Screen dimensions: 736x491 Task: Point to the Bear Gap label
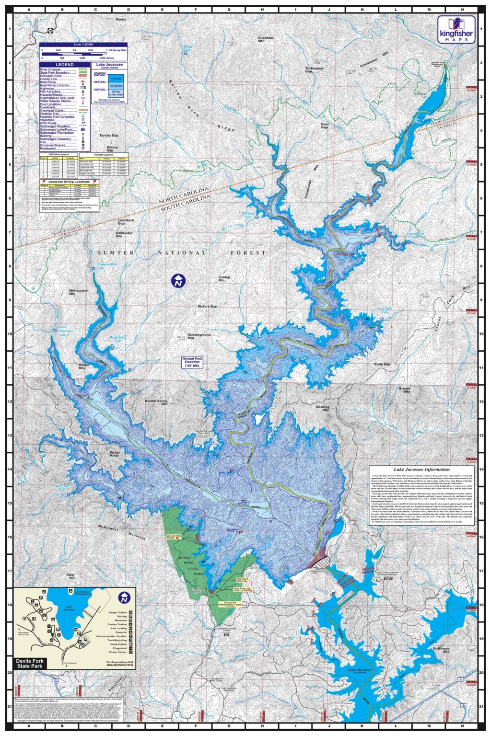pyautogui.click(x=325, y=126)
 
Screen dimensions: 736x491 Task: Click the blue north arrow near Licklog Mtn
pyautogui.click(x=178, y=281)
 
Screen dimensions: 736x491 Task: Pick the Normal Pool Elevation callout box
pyautogui.click(x=192, y=362)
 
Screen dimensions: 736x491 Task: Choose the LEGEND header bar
pyautogui.click(x=64, y=65)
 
